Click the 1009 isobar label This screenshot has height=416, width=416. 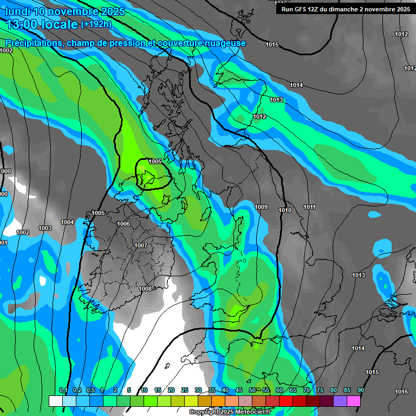pyautogui.click(x=261, y=207)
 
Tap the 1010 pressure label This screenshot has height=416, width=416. pyautogui.click(x=285, y=210)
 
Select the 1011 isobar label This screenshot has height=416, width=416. pyautogui.click(x=309, y=207)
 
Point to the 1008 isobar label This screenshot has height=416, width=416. pyautogui.click(x=145, y=289)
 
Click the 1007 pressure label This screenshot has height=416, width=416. pyautogui.click(x=141, y=245)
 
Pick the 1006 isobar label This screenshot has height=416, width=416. pyautogui.click(x=123, y=224)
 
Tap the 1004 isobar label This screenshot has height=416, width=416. pyautogui.click(x=67, y=222)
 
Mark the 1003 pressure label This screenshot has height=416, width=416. pyautogui.click(x=45, y=228)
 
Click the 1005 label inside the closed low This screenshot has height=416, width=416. pyautogui.click(x=155, y=161)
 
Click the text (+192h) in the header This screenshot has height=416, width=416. pyautogui.click(x=96, y=24)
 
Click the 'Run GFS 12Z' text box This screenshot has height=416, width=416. pyautogui.click(x=345, y=9)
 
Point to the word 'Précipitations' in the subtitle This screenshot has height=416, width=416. pyautogui.click(x=33, y=43)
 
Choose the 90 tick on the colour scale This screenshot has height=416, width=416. pyautogui.click(x=360, y=390)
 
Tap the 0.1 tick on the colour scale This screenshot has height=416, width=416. pyautogui.click(x=63, y=390)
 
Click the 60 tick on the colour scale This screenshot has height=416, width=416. pyautogui.click(x=279, y=390)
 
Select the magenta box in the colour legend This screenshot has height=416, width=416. pyautogui.click(x=354, y=401)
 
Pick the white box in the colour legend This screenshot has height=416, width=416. pyautogui.click(x=55, y=401)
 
